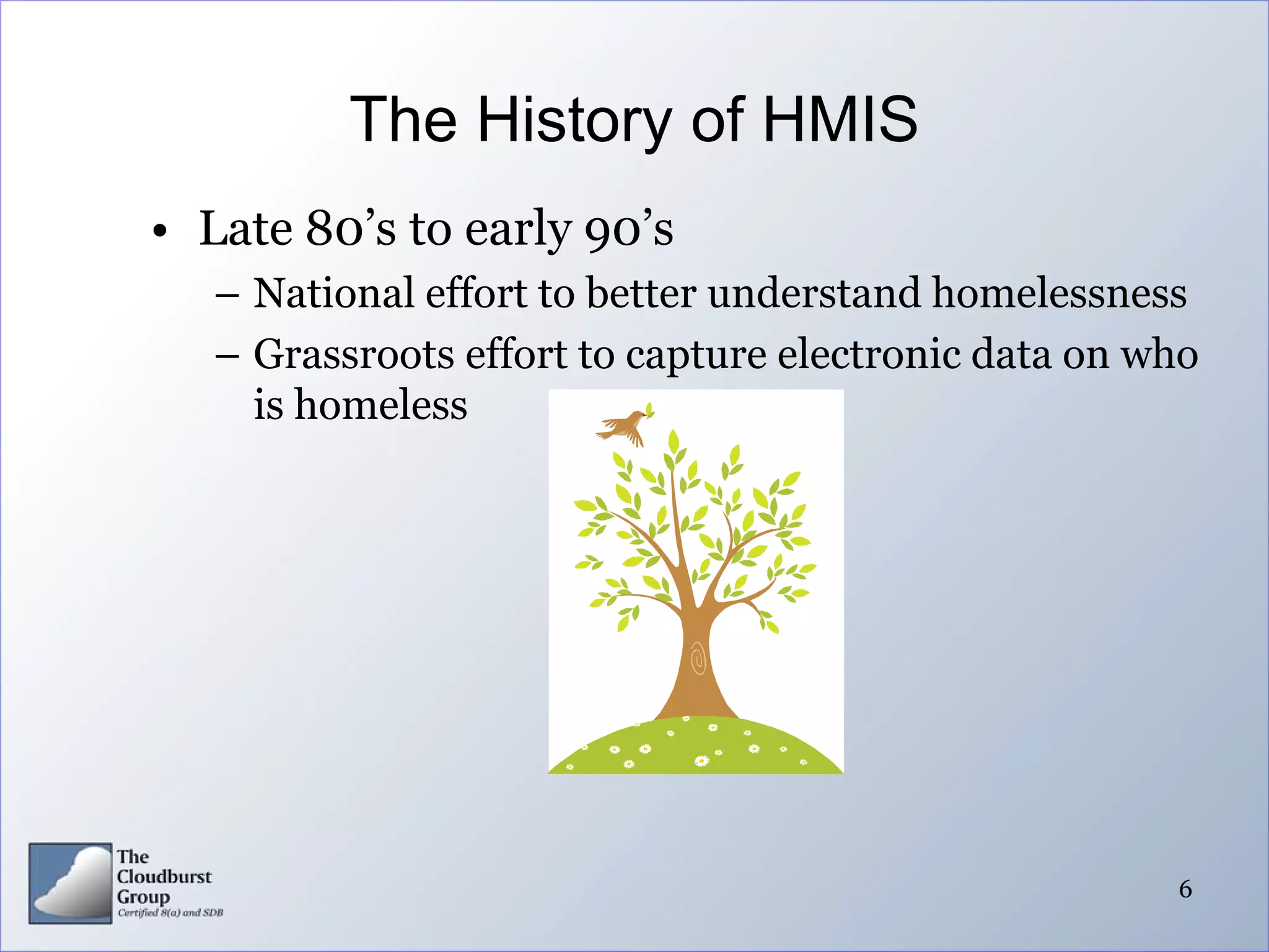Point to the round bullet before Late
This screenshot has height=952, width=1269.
tap(160, 232)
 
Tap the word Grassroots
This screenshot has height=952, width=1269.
tap(354, 355)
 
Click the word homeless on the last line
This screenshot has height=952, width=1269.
tap(380, 405)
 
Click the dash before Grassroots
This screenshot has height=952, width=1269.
tap(227, 357)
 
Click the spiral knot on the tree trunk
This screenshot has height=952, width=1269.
tap(698, 658)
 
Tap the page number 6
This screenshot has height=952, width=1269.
tap(1185, 889)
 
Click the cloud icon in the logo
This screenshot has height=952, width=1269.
tap(71, 883)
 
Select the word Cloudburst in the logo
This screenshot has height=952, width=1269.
tap(164, 876)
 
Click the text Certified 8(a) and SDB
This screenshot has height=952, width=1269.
tap(170, 912)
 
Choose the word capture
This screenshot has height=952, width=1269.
tap(696, 355)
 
